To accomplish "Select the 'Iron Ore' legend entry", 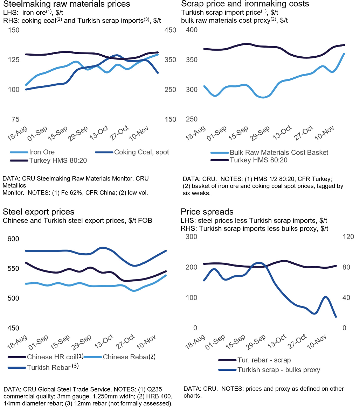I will pyautogui.click(x=42, y=152).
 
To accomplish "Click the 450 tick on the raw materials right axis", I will pyautogui.click(x=170, y=30).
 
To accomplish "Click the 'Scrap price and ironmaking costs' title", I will pyautogui.click(x=245, y=4).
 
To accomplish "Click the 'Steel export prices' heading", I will pyautogui.click(x=39, y=212).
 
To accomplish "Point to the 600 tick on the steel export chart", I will pyautogui.click(x=14, y=239).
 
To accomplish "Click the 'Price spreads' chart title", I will pyautogui.click(x=207, y=212).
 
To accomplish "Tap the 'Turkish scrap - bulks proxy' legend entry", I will pyautogui.click(x=278, y=370).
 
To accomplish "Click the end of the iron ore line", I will pyautogui.click(x=158, y=54).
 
